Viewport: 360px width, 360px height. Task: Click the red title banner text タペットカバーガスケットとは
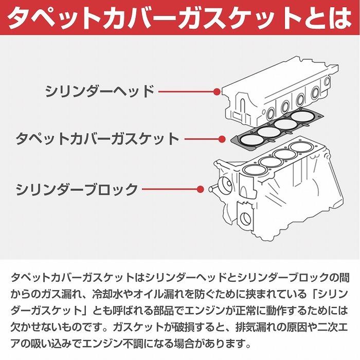pyautogui.click(x=180, y=17)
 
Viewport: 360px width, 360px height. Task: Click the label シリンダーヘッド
pyautogui.click(x=100, y=91)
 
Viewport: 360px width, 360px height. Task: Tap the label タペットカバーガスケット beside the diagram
pyautogui.click(x=97, y=139)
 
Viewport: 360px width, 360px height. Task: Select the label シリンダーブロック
pyautogui.click(x=77, y=189)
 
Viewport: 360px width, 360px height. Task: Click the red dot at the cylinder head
pyautogui.click(x=217, y=92)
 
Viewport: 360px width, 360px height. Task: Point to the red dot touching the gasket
pyautogui.click(x=222, y=139)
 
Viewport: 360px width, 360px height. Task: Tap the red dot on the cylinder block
pyautogui.click(x=200, y=189)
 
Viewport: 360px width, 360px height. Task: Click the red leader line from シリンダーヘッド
pyautogui.click(x=186, y=92)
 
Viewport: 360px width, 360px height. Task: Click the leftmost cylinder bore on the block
pyautogui.click(x=255, y=170)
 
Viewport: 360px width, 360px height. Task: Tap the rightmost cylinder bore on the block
pyautogui.click(x=301, y=147)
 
